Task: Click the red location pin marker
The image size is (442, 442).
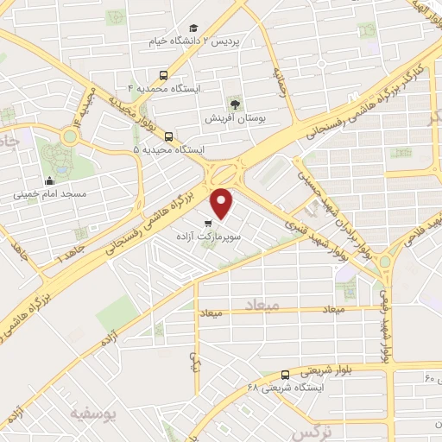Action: [223, 202]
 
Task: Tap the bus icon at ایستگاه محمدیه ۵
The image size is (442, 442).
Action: [167, 136]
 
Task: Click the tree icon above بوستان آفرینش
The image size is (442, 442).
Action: [235, 104]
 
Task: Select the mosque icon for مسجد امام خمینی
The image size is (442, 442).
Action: [49, 181]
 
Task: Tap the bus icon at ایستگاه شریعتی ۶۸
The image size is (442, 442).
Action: [285, 374]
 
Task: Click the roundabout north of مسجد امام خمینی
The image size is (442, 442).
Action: [68, 136]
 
